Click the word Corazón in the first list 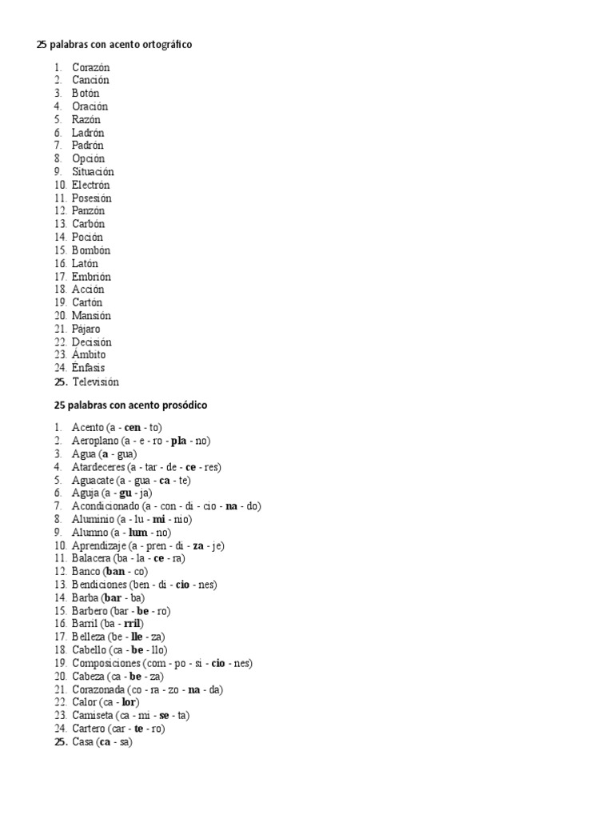(x=90, y=67)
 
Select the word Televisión (x=95, y=382)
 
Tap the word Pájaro (x=86, y=329)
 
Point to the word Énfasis (x=88, y=368)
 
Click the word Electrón (x=90, y=185)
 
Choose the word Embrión (x=91, y=277)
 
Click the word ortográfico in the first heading (x=164, y=45)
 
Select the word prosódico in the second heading (x=181, y=406)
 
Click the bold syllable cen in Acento (x=132, y=428)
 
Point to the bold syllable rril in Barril (x=132, y=624)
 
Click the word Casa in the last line (x=82, y=742)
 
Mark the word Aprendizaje (x=100, y=545)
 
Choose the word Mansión (x=90, y=316)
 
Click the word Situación (x=93, y=172)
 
